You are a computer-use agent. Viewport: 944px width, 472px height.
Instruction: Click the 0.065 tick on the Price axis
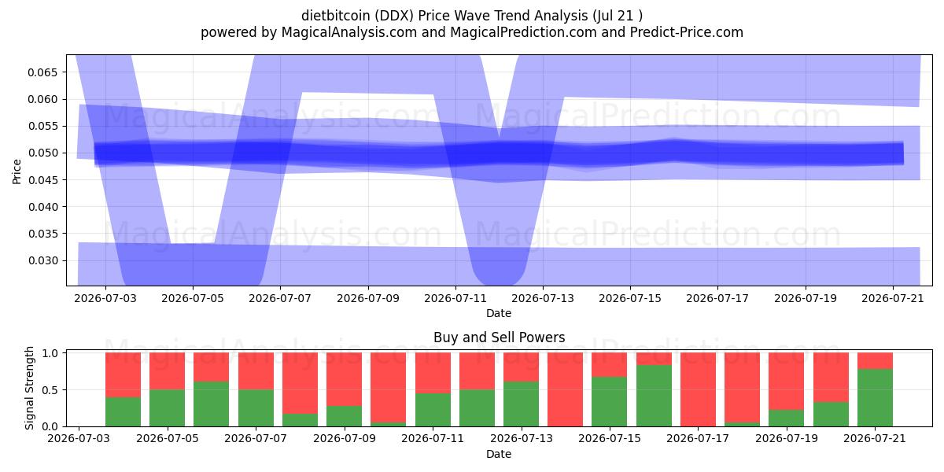click(42, 72)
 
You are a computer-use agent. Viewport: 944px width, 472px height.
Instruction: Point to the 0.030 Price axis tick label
click(42, 261)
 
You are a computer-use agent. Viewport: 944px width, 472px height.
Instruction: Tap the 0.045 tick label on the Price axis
click(42, 180)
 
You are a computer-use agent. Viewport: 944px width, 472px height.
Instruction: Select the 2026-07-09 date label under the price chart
click(368, 298)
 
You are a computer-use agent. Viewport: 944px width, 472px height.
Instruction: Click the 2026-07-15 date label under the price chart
click(630, 298)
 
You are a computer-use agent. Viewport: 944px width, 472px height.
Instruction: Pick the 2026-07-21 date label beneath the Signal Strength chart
click(875, 439)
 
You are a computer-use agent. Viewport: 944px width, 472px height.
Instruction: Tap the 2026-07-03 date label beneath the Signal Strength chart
click(79, 439)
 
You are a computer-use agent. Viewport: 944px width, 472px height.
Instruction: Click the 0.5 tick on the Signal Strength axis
click(50, 390)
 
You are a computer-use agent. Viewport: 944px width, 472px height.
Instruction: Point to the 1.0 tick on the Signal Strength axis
click(50, 353)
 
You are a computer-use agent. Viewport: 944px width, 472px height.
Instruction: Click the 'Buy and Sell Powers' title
click(499, 337)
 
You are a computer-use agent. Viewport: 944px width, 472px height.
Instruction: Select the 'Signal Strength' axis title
click(29, 388)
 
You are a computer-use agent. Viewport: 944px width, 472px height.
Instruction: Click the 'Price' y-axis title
click(17, 171)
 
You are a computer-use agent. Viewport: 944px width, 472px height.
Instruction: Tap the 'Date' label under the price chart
click(499, 314)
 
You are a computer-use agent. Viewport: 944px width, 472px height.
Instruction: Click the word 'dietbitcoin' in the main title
click(335, 16)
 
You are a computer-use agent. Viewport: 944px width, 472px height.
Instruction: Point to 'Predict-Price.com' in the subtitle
click(687, 32)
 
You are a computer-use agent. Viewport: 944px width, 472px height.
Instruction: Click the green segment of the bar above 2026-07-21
click(875, 398)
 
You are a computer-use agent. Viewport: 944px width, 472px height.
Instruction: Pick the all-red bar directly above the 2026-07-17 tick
click(698, 389)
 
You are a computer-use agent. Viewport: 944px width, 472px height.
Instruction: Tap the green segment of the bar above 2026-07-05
click(167, 408)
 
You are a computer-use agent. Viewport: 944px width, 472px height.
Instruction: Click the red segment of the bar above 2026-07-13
click(521, 367)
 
